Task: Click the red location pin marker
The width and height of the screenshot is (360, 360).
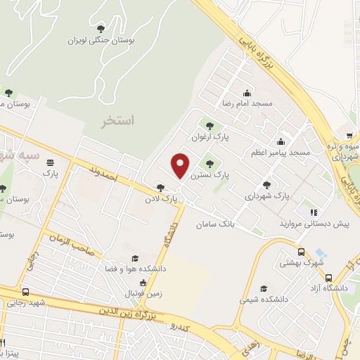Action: click(x=181, y=165)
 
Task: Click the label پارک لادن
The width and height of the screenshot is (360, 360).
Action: click(x=162, y=199)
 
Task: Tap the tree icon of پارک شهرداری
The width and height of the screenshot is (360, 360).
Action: click(x=266, y=184)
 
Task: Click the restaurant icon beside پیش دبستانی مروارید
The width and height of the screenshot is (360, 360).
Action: click(x=314, y=212)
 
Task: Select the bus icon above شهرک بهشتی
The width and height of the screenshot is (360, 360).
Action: click(x=302, y=252)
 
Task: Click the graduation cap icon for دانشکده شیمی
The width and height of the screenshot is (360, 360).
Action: click(x=264, y=288)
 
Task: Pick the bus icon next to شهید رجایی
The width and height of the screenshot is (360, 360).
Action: click(x=26, y=292)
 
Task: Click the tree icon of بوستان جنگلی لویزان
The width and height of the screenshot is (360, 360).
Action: click(x=101, y=27)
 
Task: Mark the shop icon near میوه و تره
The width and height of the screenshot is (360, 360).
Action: click(x=349, y=136)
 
